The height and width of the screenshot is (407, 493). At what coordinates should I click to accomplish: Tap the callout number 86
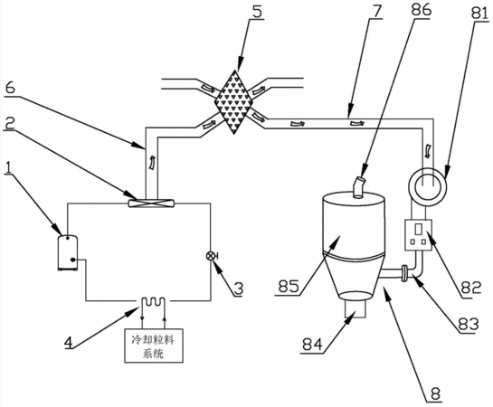pyautogui.click(x=422, y=10)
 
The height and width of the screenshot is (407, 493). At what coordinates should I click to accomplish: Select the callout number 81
pyautogui.click(x=479, y=14)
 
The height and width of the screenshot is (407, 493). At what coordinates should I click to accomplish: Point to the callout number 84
pyautogui.click(x=312, y=345)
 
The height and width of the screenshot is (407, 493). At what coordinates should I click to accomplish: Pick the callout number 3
pyautogui.click(x=239, y=289)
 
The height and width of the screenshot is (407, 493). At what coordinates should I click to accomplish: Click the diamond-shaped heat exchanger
pyautogui.click(x=233, y=102)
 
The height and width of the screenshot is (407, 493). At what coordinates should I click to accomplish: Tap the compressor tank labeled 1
pyautogui.click(x=68, y=252)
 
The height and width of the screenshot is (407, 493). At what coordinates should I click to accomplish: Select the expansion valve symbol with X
pyautogui.click(x=211, y=257)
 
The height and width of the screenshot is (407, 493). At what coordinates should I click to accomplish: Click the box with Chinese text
pyautogui.click(x=154, y=345)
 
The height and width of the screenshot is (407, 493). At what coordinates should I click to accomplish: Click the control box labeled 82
pyautogui.click(x=418, y=234)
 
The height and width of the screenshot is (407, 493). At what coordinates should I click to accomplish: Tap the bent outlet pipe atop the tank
pyautogui.click(x=358, y=187)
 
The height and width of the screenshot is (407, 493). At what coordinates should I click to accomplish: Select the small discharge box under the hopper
pyautogui.click(x=356, y=308)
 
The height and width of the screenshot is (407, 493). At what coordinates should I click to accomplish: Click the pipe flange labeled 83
pyautogui.click(x=403, y=273)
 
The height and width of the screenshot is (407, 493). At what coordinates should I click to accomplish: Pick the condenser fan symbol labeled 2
pyautogui.click(x=151, y=203)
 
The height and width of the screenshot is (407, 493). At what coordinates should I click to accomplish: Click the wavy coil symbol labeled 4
pyautogui.click(x=153, y=301)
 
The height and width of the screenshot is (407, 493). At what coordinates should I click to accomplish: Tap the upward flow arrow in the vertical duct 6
pyautogui.click(x=152, y=163)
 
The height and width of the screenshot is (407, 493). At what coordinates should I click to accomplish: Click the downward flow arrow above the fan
pyautogui.click(x=428, y=150)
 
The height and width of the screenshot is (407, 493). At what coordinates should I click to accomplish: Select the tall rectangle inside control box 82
pyautogui.click(x=419, y=229)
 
